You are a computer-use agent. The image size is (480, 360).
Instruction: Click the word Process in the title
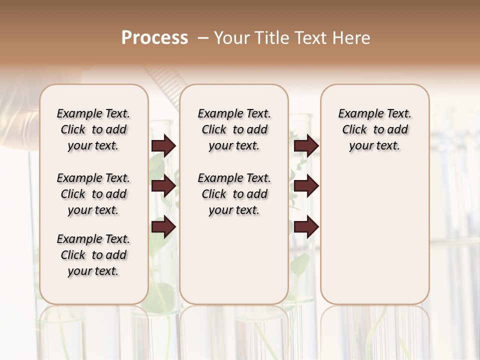coord(154,38)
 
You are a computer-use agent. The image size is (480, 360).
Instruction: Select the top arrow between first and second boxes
coord(163,145)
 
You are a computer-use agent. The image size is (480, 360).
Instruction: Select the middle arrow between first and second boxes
coord(163,186)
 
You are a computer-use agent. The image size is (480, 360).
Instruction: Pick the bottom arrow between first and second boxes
coord(163,227)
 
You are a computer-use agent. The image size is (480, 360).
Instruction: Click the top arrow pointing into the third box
coord(306,145)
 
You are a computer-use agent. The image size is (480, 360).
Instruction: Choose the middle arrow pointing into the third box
coord(306,186)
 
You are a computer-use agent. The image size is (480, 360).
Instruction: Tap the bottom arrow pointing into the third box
coord(306,227)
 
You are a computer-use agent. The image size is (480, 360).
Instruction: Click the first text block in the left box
coord(93,129)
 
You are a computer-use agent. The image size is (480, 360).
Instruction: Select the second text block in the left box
coord(93,194)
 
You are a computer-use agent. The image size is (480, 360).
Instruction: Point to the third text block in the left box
coord(93,255)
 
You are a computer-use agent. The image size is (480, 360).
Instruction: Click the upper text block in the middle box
coord(234,129)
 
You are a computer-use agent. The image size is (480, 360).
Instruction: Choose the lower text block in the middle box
coord(234,194)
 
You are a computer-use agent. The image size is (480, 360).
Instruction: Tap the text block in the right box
coord(375,129)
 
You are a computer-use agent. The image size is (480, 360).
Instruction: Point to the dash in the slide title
coord(203,38)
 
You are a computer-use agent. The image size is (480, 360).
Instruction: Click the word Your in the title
coord(230,38)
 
